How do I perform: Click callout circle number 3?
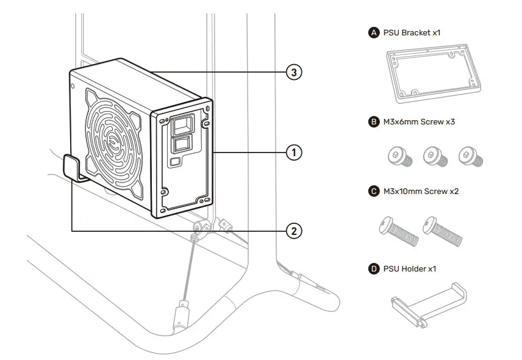[294, 73]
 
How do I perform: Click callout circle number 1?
[294, 152]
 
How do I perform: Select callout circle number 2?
[294, 231]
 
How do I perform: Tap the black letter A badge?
[374, 32]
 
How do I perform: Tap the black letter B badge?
[374, 122]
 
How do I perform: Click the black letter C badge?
[374, 192]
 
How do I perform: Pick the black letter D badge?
[374, 268]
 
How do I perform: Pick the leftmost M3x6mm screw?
[398, 157]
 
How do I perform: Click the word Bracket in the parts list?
[416, 32]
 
